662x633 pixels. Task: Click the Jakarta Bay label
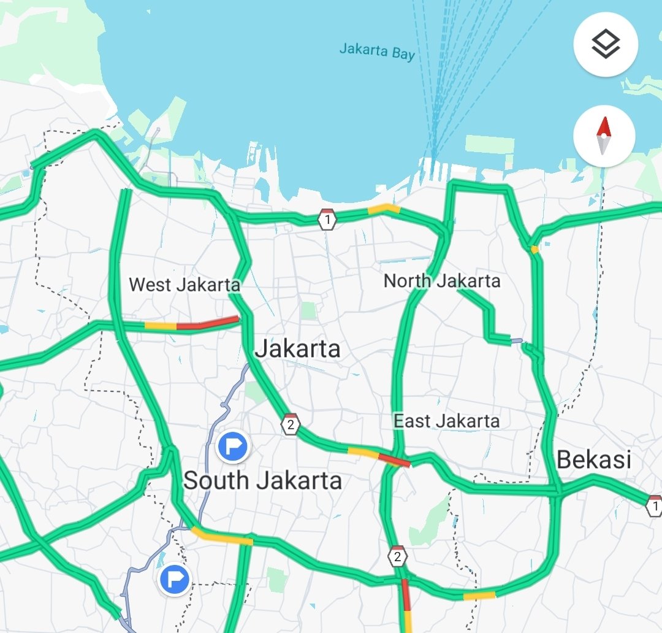377,51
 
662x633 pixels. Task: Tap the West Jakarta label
185,285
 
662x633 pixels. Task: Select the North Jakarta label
442,281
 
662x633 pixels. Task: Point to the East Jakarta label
446,421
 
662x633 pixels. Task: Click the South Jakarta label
262,480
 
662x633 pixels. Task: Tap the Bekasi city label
594,459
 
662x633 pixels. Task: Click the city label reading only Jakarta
297,349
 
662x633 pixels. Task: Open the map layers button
606,44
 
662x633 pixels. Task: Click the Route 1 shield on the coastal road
327,219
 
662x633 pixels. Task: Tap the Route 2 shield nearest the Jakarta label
291,424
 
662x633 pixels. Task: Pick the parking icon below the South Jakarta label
175,579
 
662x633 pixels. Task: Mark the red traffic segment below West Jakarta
208,323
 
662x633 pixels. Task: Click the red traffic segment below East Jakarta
394,459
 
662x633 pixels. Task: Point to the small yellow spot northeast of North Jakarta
535,249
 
